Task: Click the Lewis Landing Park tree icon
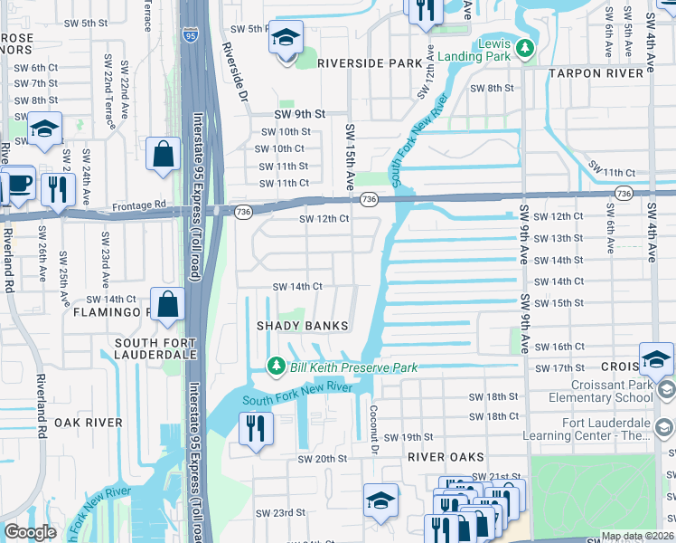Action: (524, 47)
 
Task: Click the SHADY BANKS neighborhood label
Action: (302, 326)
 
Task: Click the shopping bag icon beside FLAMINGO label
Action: (168, 305)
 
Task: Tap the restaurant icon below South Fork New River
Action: (256, 428)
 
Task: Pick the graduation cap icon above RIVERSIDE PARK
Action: (286, 38)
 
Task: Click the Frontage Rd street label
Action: (139, 205)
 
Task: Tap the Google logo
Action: (30, 532)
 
